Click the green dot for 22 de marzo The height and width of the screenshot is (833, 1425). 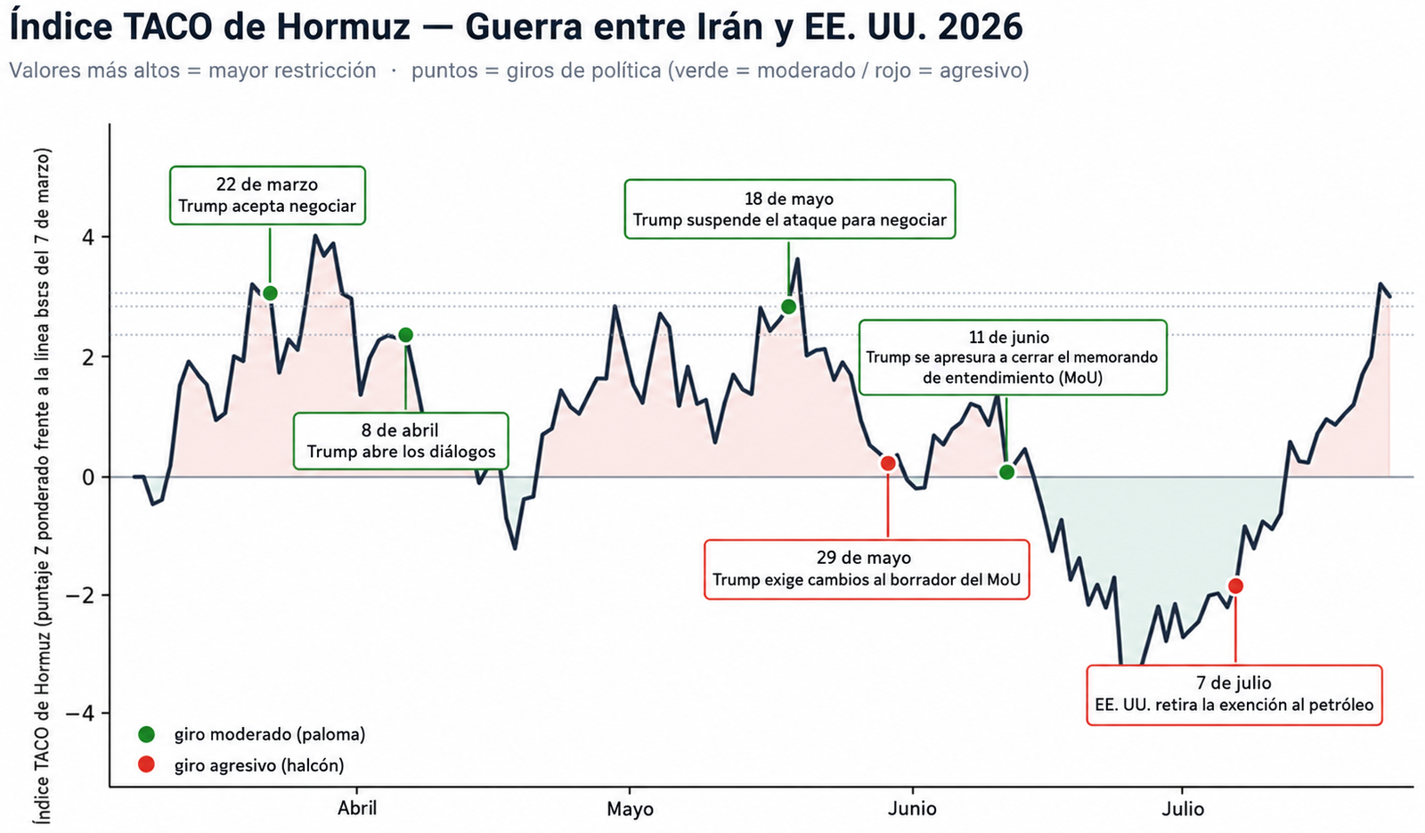(270, 293)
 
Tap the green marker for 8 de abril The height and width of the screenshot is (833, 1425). (405, 335)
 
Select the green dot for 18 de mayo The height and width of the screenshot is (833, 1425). (788, 306)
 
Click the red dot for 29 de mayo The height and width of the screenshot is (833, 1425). (888, 463)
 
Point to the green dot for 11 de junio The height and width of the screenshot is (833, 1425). (1006, 472)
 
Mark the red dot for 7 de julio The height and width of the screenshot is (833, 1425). (1235, 586)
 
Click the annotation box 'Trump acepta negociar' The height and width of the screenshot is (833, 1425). (267, 195)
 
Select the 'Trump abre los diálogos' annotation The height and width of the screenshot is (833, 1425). (401, 441)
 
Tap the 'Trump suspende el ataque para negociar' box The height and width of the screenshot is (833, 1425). (789, 209)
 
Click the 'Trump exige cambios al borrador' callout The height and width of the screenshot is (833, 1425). (867, 569)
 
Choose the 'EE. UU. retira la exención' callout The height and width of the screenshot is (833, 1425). (1234, 695)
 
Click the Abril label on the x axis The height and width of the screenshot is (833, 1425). (357, 808)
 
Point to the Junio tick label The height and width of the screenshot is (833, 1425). (912, 809)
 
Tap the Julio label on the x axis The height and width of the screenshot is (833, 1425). (1183, 809)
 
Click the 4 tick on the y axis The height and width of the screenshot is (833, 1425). (88, 238)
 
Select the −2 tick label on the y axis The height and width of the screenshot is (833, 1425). (81, 595)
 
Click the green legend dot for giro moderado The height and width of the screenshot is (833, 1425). (146, 734)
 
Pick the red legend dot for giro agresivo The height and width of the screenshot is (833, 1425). (146, 764)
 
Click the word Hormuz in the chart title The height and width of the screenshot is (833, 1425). (343, 27)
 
